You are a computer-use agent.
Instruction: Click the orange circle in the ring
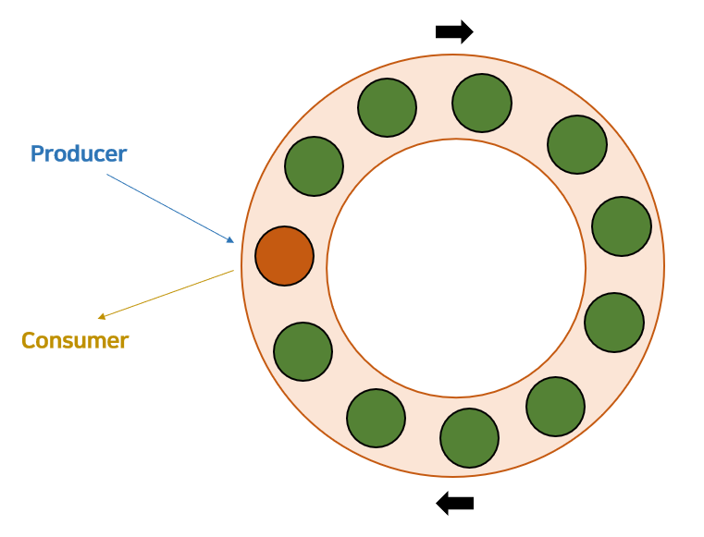[x=284, y=256]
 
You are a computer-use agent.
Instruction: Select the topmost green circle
[x=482, y=103]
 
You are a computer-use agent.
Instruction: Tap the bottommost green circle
[x=469, y=438]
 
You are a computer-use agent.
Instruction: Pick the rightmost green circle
[x=622, y=226]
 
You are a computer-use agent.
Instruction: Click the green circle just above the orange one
[x=314, y=166]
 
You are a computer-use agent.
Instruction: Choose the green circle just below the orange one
[x=303, y=351]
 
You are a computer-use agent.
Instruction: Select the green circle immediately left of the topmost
[x=387, y=108]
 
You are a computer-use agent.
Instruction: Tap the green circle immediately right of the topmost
[x=577, y=144]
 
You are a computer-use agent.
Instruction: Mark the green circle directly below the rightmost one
[x=614, y=323]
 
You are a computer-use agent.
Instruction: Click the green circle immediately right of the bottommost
[x=555, y=407]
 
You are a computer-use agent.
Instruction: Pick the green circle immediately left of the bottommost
[x=376, y=418]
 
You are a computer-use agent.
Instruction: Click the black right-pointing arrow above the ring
[x=454, y=32]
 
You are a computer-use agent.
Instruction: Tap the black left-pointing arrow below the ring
[x=454, y=504]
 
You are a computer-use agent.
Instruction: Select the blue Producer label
[x=79, y=153]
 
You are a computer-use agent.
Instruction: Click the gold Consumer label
[x=75, y=340]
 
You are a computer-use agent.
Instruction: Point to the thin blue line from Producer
[x=167, y=207]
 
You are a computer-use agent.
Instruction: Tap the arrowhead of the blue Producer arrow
[x=230, y=240]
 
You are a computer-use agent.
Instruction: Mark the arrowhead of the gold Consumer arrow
[x=103, y=316]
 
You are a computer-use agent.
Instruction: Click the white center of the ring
[x=456, y=268]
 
